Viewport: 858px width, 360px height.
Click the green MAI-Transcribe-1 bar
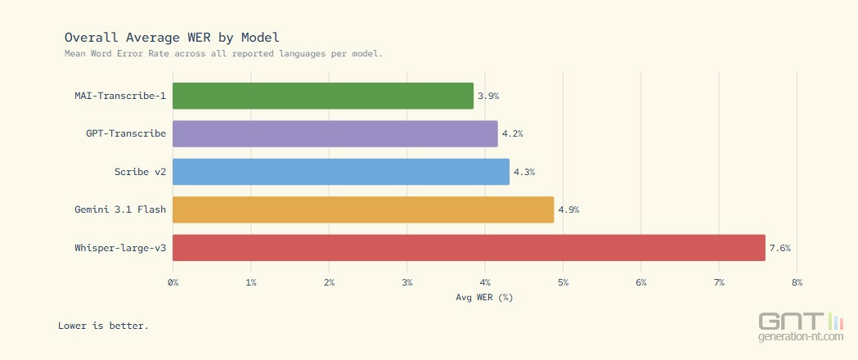pyautogui.click(x=323, y=96)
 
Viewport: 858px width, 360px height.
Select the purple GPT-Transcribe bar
pyautogui.click(x=335, y=133)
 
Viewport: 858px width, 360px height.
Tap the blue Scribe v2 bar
pyautogui.click(x=341, y=172)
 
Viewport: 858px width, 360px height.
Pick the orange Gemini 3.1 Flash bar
pyautogui.click(x=363, y=209)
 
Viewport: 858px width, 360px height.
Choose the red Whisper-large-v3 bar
pyautogui.click(x=469, y=248)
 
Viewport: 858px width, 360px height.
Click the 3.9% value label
pyautogui.click(x=488, y=96)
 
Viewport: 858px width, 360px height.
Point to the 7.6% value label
pyautogui.click(x=780, y=248)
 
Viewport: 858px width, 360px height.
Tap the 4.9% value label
pyautogui.click(x=568, y=209)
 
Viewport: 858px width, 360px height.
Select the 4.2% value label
pyautogui.click(x=512, y=133)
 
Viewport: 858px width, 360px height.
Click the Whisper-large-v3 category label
pyautogui.click(x=119, y=248)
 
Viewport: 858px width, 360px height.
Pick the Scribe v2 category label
pyautogui.click(x=140, y=172)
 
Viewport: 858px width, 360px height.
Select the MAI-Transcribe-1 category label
pyautogui.click(x=120, y=96)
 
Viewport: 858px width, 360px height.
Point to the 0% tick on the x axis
pyautogui.click(x=173, y=282)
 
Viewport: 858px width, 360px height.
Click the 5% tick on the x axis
pyautogui.click(x=563, y=282)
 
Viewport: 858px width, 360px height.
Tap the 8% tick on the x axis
pyautogui.click(x=797, y=282)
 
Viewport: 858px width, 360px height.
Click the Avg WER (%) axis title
pyautogui.click(x=484, y=297)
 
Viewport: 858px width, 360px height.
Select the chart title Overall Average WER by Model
pyautogui.click(x=172, y=37)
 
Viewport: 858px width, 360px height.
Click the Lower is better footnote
pyautogui.click(x=103, y=326)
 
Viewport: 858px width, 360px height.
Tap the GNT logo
pyautogui.click(x=800, y=325)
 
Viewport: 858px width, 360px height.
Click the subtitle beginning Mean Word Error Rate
pyautogui.click(x=223, y=53)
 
